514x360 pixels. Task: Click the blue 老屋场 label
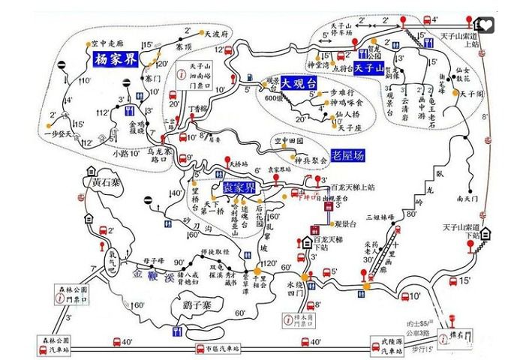[x=352, y=155]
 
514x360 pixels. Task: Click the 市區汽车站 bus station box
[x=219, y=349]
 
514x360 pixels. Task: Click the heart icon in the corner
[x=489, y=25]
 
